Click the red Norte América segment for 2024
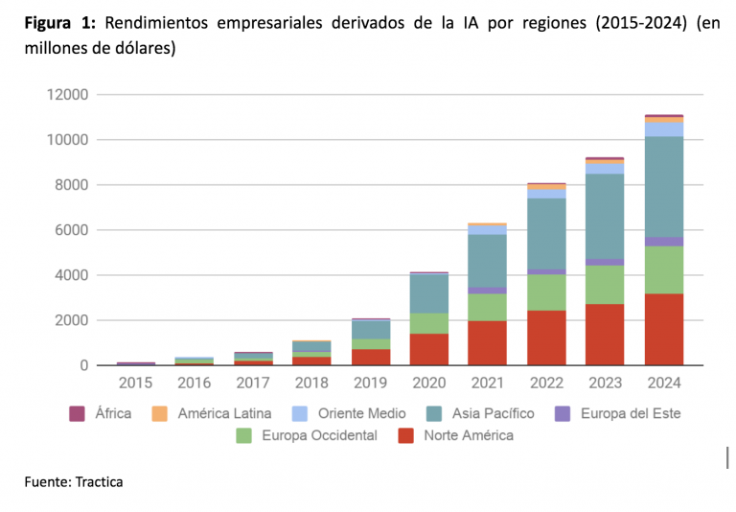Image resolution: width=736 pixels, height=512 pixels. click(663, 329)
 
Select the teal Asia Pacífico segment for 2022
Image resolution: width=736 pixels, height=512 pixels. click(546, 234)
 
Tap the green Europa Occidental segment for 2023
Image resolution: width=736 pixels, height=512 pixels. click(605, 285)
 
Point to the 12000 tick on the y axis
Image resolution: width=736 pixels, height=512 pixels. click(64, 95)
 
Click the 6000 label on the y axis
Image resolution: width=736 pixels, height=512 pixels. click(69, 230)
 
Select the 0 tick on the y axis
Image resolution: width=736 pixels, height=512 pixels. click(83, 365)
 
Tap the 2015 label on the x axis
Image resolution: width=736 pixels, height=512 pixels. click(135, 384)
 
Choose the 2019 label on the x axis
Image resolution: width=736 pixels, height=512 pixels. click(370, 384)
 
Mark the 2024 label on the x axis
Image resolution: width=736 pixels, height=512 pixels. click(663, 384)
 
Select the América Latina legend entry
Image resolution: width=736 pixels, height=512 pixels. click(216, 414)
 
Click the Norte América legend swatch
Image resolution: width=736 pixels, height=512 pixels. click(405, 435)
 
